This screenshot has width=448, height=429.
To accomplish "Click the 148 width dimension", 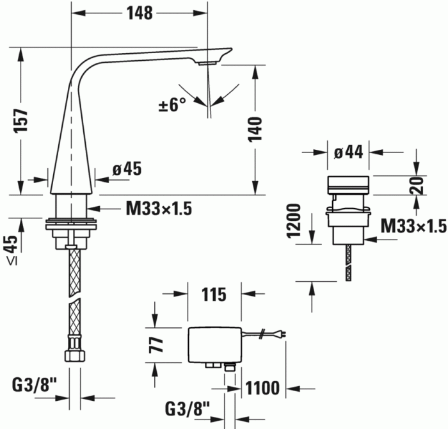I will (139, 12).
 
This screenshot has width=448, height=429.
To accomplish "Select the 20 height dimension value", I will (416, 186).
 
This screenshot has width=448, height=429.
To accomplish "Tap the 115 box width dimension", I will (214, 295).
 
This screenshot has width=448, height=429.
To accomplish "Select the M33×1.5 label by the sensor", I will (413, 227).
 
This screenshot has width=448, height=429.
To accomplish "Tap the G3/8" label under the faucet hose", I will (35, 385).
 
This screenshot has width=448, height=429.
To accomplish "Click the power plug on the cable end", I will (280, 333).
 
